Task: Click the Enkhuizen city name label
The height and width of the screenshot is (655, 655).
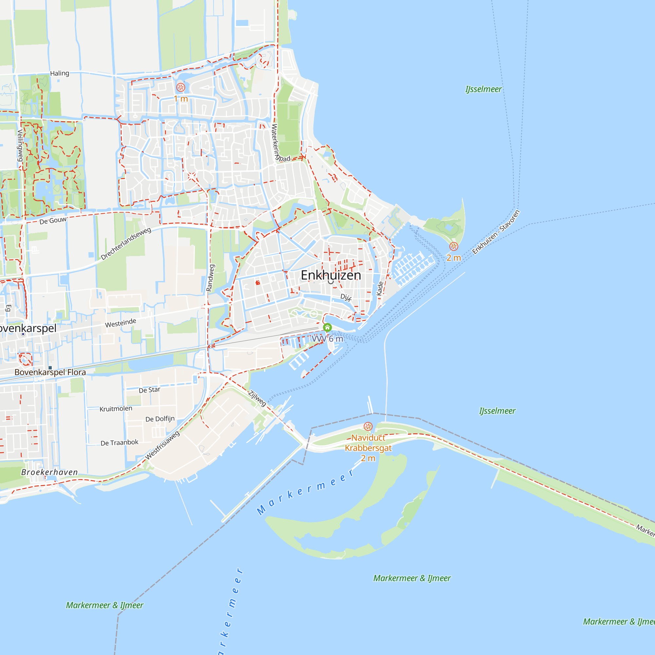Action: [330, 275]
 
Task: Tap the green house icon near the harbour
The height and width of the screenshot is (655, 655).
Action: [327, 327]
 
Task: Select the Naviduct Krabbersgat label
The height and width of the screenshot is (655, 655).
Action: [368, 443]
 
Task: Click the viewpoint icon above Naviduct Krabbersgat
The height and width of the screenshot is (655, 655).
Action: [368, 426]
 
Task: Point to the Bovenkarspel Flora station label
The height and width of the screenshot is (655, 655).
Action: [50, 372]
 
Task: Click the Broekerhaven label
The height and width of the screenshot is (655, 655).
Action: [49, 472]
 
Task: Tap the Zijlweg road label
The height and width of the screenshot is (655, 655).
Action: [257, 398]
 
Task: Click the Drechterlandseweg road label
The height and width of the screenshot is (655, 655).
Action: [126, 244]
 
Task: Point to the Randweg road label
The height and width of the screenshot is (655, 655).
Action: [210, 278]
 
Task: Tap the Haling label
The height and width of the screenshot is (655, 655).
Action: [60, 73]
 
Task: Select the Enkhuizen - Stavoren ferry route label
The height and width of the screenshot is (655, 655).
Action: [496, 232]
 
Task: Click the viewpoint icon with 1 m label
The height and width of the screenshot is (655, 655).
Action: [181, 87]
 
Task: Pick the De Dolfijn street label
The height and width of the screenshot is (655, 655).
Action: [160, 419]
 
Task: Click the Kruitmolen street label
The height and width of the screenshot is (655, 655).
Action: [116, 409]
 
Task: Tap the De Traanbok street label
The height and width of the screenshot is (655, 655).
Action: [119, 442]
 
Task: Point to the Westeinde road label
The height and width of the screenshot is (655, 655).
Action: [121, 323]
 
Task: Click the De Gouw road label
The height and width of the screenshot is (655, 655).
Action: [53, 221]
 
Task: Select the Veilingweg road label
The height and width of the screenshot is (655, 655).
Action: [20, 145]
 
